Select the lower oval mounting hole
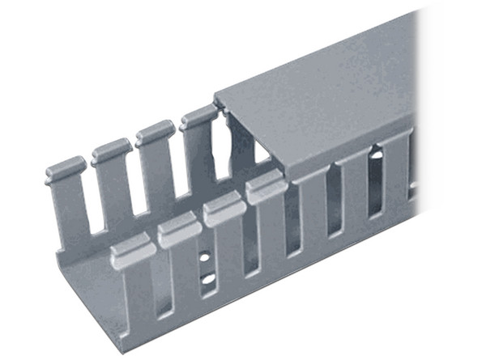click(x=208, y=279)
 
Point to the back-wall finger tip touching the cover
click(x=198, y=118)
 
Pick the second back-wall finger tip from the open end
click(x=112, y=149)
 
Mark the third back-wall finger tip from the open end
click(x=155, y=131)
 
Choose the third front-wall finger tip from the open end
click(x=224, y=210)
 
